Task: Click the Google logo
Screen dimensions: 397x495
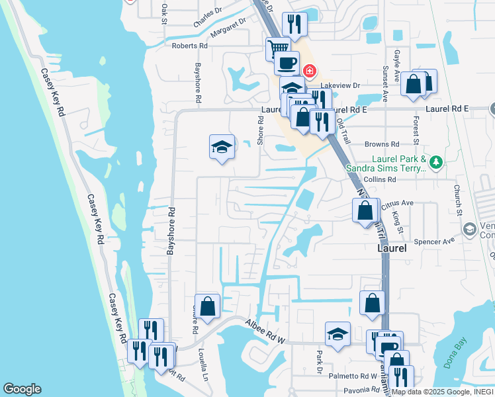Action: [22, 389]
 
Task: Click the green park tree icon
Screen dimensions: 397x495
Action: [435, 162]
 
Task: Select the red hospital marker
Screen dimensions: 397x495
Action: [308, 71]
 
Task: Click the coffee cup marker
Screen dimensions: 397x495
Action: [287, 63]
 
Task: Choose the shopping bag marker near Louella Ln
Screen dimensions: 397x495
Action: [207, 306]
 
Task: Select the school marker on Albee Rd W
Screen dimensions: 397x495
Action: [337, 333]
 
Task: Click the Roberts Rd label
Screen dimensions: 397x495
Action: [190, 46]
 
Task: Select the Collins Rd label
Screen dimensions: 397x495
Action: [381, 179]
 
